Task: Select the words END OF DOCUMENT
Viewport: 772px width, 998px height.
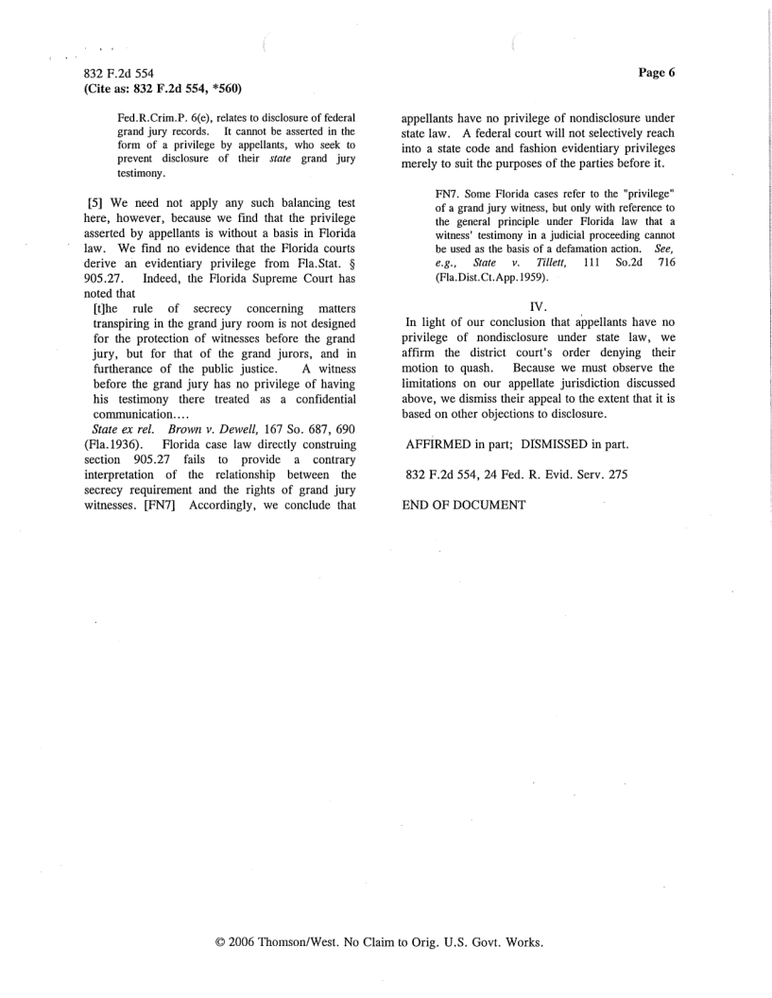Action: tap(464, 506)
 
